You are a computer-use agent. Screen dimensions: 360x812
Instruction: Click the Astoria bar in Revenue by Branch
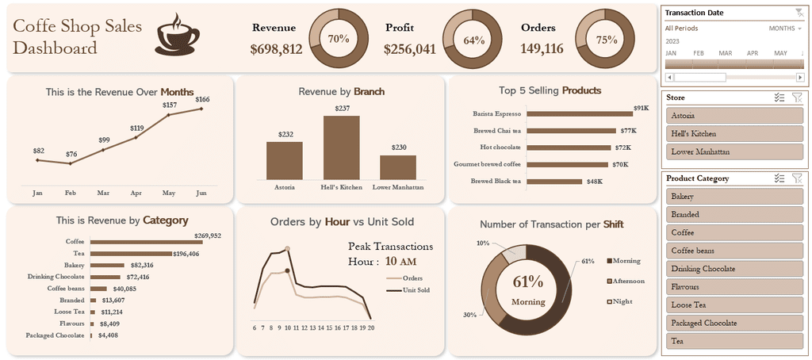284,160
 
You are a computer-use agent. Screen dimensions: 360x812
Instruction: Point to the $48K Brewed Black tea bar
554,181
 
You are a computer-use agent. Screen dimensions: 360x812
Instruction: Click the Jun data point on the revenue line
202,109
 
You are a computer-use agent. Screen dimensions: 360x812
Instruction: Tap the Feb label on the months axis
70,193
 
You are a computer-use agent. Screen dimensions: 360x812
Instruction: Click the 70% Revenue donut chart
339,39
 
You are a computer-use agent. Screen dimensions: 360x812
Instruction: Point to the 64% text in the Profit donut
473,40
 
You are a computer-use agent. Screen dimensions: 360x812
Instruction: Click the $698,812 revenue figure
276,49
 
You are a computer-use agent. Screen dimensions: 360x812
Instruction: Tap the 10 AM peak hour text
401,261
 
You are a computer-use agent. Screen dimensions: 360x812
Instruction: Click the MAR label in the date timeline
725,53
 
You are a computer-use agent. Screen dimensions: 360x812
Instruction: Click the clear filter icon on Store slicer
797,98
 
